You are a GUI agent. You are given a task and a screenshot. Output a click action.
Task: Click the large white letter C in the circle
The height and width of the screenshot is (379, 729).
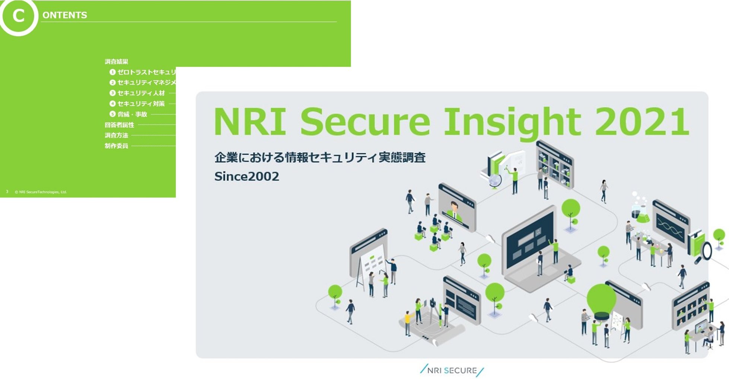(x=18, y=16)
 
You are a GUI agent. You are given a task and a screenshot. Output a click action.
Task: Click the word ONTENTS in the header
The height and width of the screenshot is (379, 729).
(x=65, y=15)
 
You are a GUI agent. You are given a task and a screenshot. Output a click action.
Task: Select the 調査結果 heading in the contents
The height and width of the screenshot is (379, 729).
(x=116, y=62)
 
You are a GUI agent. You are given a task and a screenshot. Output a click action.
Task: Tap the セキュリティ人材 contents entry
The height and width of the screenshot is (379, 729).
(x=141, y=93)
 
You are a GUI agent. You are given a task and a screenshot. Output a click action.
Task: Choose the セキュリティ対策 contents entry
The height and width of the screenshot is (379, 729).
(x=141, y=104)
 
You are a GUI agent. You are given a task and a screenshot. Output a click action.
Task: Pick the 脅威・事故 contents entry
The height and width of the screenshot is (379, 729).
(x=132, y=114)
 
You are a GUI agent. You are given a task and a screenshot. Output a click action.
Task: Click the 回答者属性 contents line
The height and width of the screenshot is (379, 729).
(x=119, y=125)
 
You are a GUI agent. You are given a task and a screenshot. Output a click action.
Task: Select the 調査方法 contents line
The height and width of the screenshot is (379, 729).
(x=116, y=135)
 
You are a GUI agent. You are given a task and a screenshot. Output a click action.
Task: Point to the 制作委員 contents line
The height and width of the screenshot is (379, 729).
(x=116, y=146)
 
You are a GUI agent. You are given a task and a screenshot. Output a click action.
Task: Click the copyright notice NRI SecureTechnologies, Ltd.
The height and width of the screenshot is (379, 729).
(x=41, y=192)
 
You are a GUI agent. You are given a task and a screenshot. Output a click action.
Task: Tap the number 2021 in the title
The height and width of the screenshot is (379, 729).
(x=642, y=122)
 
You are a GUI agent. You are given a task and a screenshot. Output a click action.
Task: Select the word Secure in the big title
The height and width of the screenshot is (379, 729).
(x=365, y=122)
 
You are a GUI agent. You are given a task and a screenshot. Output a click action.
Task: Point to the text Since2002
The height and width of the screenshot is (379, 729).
(x=246, y=176)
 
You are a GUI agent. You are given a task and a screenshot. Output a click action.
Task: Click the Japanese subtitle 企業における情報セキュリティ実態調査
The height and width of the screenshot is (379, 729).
(x=320, y=157)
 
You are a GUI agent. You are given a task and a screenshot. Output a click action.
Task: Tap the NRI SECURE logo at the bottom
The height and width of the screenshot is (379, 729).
(x=452, y=370)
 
